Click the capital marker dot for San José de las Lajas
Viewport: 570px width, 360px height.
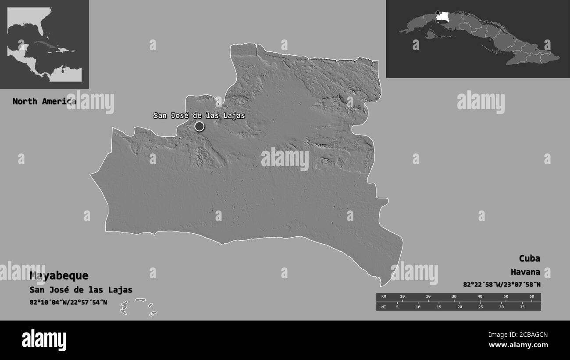(199, 127)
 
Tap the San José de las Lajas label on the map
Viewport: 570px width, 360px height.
(199, 116)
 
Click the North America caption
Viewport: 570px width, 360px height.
(44, 101)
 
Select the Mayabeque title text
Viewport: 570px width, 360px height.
(59, 276)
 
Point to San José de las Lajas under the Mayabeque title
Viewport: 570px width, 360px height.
(81, 290)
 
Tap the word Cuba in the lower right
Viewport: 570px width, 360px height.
(529, 258)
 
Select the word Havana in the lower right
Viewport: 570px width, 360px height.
(525, 272)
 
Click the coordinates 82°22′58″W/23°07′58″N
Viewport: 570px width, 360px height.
(502, 285)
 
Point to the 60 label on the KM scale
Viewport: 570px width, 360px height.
(531, 297)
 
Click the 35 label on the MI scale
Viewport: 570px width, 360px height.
(522, 307)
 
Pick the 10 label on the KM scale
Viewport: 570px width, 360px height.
(403, 297)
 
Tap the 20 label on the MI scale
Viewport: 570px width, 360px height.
(460, 307)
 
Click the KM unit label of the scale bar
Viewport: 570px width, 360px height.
(384, 297)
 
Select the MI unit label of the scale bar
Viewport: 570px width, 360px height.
(384, 307)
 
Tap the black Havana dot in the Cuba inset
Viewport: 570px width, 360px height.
(437, 12)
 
